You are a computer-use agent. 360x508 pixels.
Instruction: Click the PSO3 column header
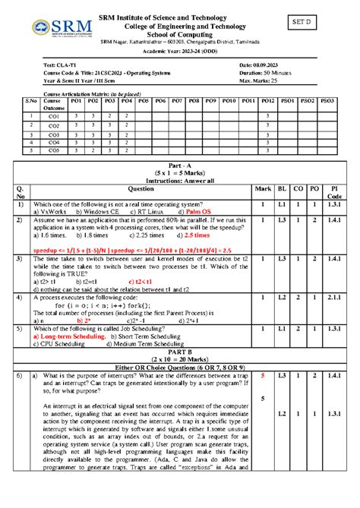click(x=327, y=99)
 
